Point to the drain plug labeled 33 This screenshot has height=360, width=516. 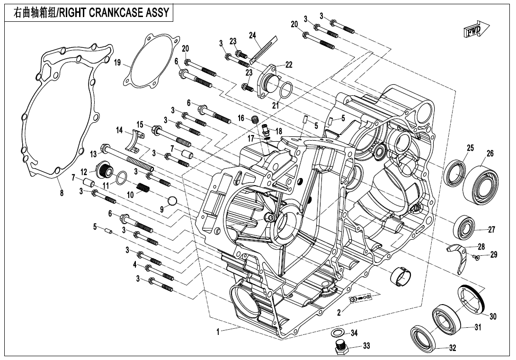pos(339,348)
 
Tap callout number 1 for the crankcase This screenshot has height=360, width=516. pos(218,333)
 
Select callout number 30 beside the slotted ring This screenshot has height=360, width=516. pos(493,316)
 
